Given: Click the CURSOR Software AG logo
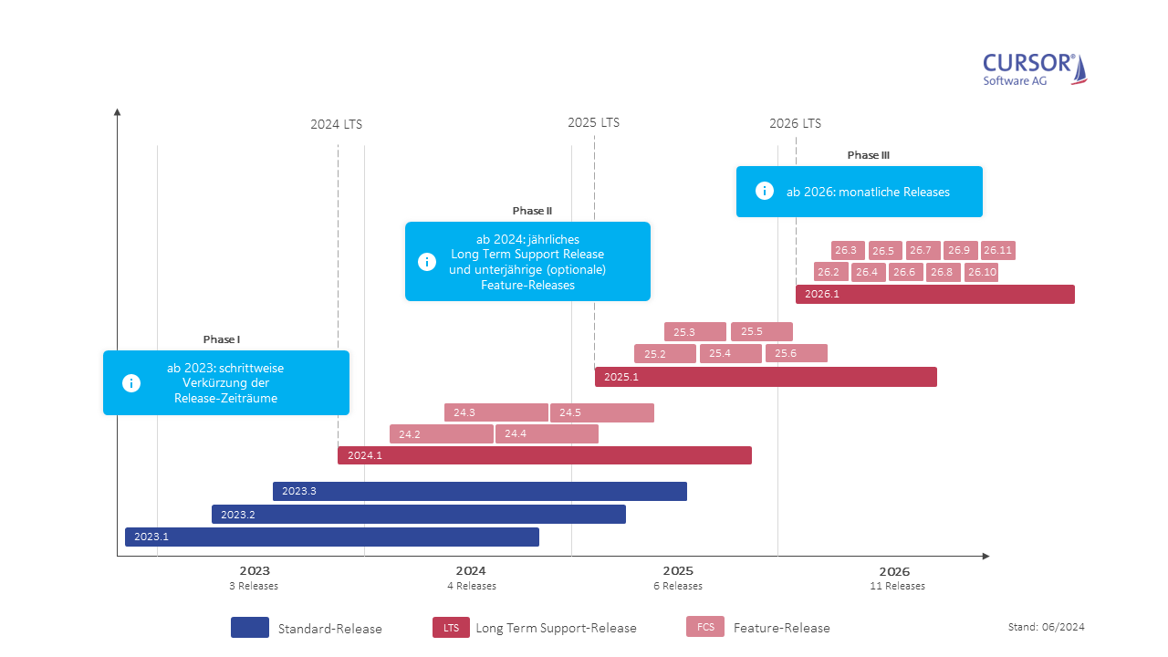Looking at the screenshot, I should click(1035, 69).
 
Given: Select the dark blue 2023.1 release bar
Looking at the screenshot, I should click(331, 537).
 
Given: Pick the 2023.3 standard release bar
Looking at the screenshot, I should click(479, 491).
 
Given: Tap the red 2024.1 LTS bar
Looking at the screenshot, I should click(544, 455).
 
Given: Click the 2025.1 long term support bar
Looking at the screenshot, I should click(765, 377).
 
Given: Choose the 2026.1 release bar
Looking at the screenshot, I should click(934, 294).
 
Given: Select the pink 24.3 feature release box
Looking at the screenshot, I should click(495, 412).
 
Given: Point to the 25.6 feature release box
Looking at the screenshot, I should click(796, 353).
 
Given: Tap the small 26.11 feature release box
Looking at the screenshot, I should click(997, 250).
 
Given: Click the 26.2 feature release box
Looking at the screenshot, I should click(830, 272).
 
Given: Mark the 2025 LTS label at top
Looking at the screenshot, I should click(593, 122).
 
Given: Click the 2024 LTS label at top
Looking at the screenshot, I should click(336, 124).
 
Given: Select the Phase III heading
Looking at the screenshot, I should click(868, 155).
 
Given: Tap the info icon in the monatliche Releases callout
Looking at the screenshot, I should click(765, 191).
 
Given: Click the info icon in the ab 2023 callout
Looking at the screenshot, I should click(131, 383).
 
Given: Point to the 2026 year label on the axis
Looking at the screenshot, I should click(896, 570).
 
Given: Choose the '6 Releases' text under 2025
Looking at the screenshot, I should click(678, 586).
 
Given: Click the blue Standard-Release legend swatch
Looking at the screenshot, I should click(250, 627).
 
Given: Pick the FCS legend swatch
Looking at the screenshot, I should click(705, 627).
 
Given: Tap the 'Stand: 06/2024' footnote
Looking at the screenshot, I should click(1046, 627).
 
